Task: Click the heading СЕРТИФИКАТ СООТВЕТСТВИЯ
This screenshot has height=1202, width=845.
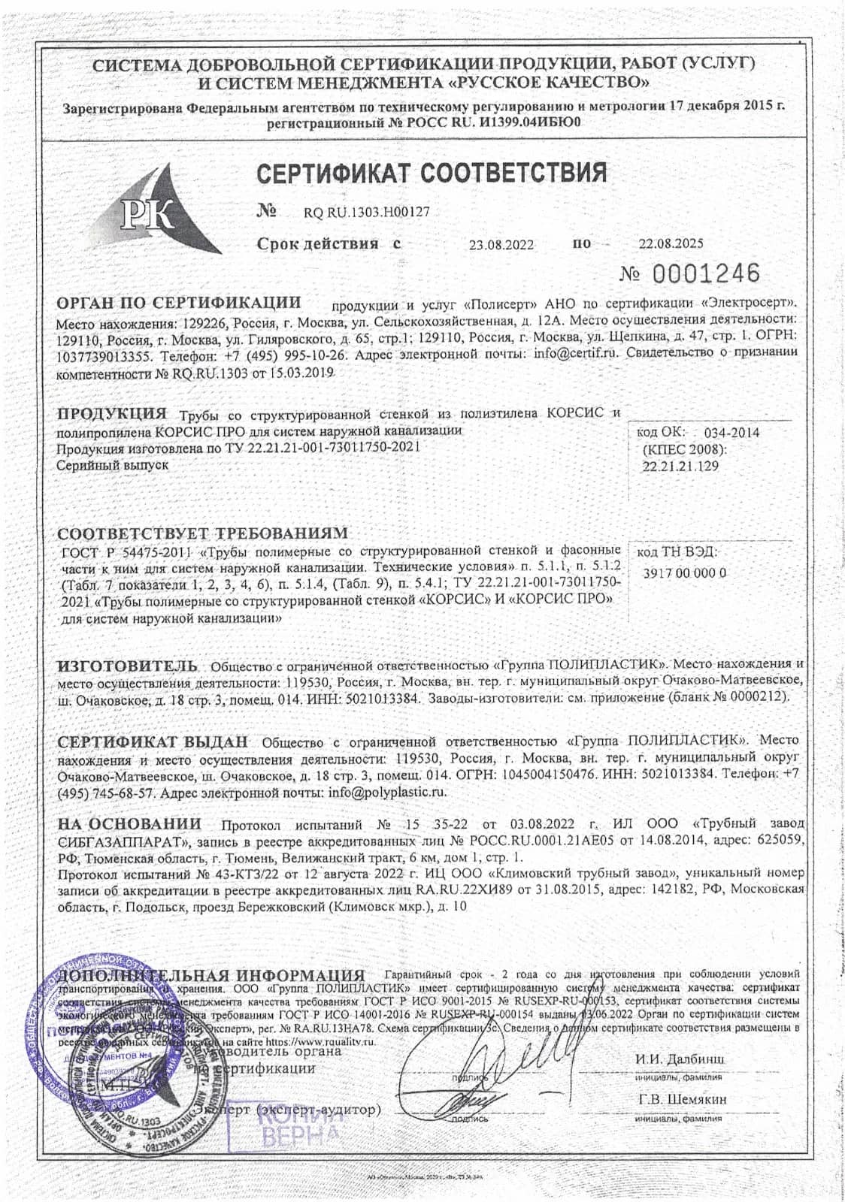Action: point(432,173)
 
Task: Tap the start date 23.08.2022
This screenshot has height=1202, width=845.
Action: point(501,245)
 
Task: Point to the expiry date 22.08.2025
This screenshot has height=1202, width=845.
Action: point(671,243)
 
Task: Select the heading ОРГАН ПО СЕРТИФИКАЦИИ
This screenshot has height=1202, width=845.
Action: point(180,303)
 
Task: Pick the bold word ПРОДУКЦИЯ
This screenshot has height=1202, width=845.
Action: point(113,414)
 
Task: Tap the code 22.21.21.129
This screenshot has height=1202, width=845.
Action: point(680,466)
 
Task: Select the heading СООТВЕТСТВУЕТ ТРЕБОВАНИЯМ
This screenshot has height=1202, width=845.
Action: point(203,534)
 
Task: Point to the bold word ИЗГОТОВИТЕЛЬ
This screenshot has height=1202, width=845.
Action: point(129,666)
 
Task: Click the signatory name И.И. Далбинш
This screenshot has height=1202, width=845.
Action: point(680,1059)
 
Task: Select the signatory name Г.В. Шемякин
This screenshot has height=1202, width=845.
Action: point(683,1099)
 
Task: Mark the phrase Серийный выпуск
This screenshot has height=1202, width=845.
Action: point(114,464)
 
